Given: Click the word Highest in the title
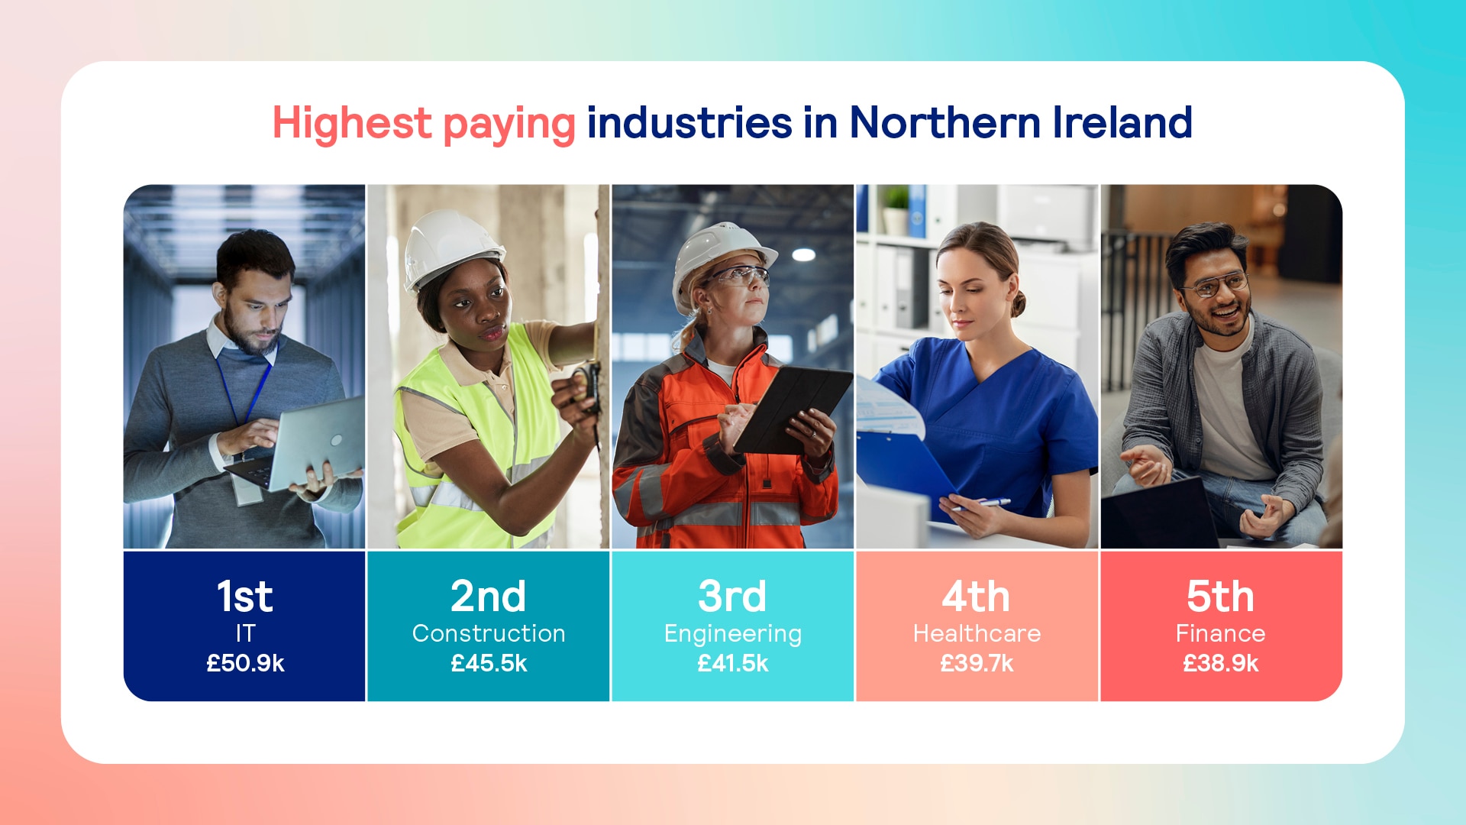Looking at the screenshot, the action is [x=352, y=124].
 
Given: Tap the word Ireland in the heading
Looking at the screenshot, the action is [x=1122, y=122].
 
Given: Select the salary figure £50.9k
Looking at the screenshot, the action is [x=245, y=663].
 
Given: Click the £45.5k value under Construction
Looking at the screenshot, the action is [x=489, y=663].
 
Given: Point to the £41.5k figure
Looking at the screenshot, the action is [x=733, y=663].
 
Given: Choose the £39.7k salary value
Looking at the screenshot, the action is [x=977, y=663].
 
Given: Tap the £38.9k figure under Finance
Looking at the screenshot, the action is [x=1220, y=663].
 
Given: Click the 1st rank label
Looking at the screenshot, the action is [x=245, y=597].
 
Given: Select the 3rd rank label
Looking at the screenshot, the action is [x=733, y=597].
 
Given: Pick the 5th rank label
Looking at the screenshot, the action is [x=1220, y=597].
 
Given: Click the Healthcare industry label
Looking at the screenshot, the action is [x=977, y=633].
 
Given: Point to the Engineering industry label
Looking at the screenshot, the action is [x=733, y=635].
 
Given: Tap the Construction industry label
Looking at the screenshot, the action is [x=489, y=633].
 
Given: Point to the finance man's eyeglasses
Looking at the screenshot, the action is [x=1215, y=285].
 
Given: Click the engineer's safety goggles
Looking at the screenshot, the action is [x=738, y=275].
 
